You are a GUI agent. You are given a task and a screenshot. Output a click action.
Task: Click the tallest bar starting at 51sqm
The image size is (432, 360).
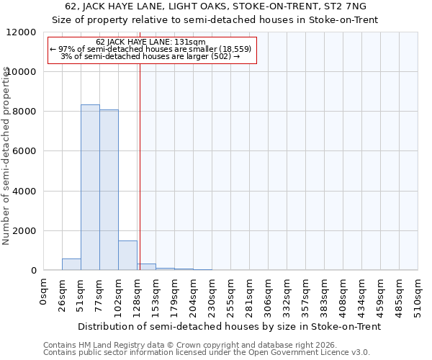click(90, 187)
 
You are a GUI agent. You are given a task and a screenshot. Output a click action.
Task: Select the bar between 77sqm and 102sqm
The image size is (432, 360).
click(109, 190)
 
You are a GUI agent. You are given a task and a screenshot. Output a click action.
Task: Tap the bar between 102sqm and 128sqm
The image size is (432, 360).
click(127, 255)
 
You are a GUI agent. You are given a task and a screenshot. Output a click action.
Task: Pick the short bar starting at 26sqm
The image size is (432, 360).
click(71, 264)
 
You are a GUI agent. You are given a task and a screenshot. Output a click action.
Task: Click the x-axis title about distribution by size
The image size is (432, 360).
click(229, 326)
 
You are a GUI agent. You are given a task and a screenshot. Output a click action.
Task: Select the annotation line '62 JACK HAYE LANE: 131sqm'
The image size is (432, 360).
click(151, 42)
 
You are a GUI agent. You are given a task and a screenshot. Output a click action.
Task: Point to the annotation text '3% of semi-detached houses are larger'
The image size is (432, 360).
click(150, 56)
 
